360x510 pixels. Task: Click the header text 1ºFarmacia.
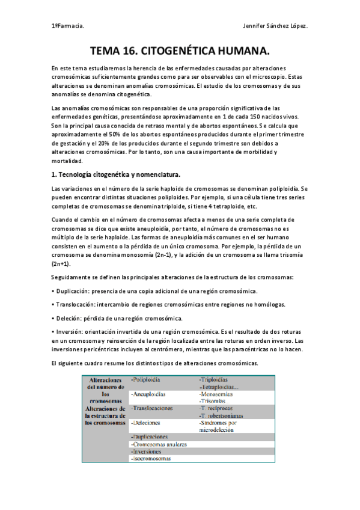coord(67,26)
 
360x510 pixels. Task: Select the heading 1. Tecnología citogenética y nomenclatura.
coord(115,174)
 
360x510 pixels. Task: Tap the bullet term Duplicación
coord(73,291)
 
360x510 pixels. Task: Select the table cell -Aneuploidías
coord(148,395)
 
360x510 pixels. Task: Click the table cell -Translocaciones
coord(152,409)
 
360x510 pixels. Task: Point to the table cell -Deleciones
coord(147,423)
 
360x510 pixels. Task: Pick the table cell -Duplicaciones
coord(150,437)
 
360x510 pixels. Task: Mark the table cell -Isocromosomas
coord(151,458)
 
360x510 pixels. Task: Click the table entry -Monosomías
coord(221,394)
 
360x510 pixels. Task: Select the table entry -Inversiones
coord(147,451)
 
